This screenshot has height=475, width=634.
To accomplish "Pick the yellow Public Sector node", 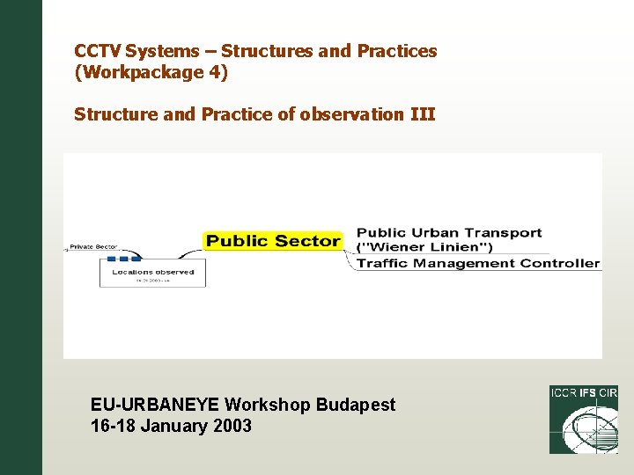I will coord(273,241).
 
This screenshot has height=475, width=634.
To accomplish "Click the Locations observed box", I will coord(152,272).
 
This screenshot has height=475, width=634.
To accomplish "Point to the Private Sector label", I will coord(93,247).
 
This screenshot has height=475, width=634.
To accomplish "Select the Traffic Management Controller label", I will coord(478,263).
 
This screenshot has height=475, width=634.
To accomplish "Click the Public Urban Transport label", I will coord(449,233).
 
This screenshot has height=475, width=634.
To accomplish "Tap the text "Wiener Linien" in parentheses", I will coord(424,248).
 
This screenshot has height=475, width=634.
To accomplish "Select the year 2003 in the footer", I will coord(231,426).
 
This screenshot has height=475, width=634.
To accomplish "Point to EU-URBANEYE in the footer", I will coord(155,405).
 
